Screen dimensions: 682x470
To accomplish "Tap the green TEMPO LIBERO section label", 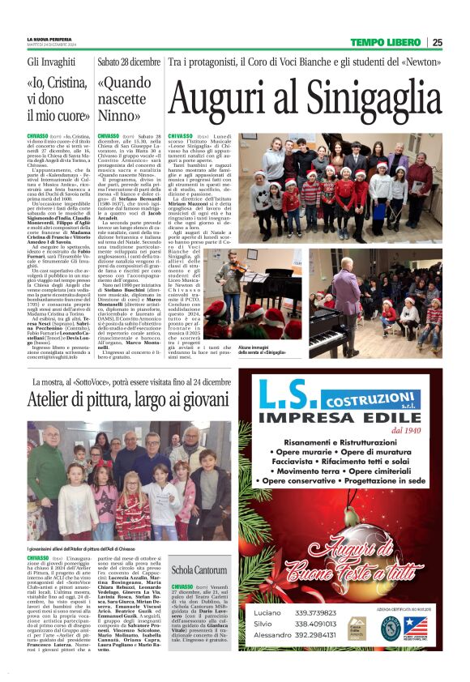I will click(386, 42).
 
